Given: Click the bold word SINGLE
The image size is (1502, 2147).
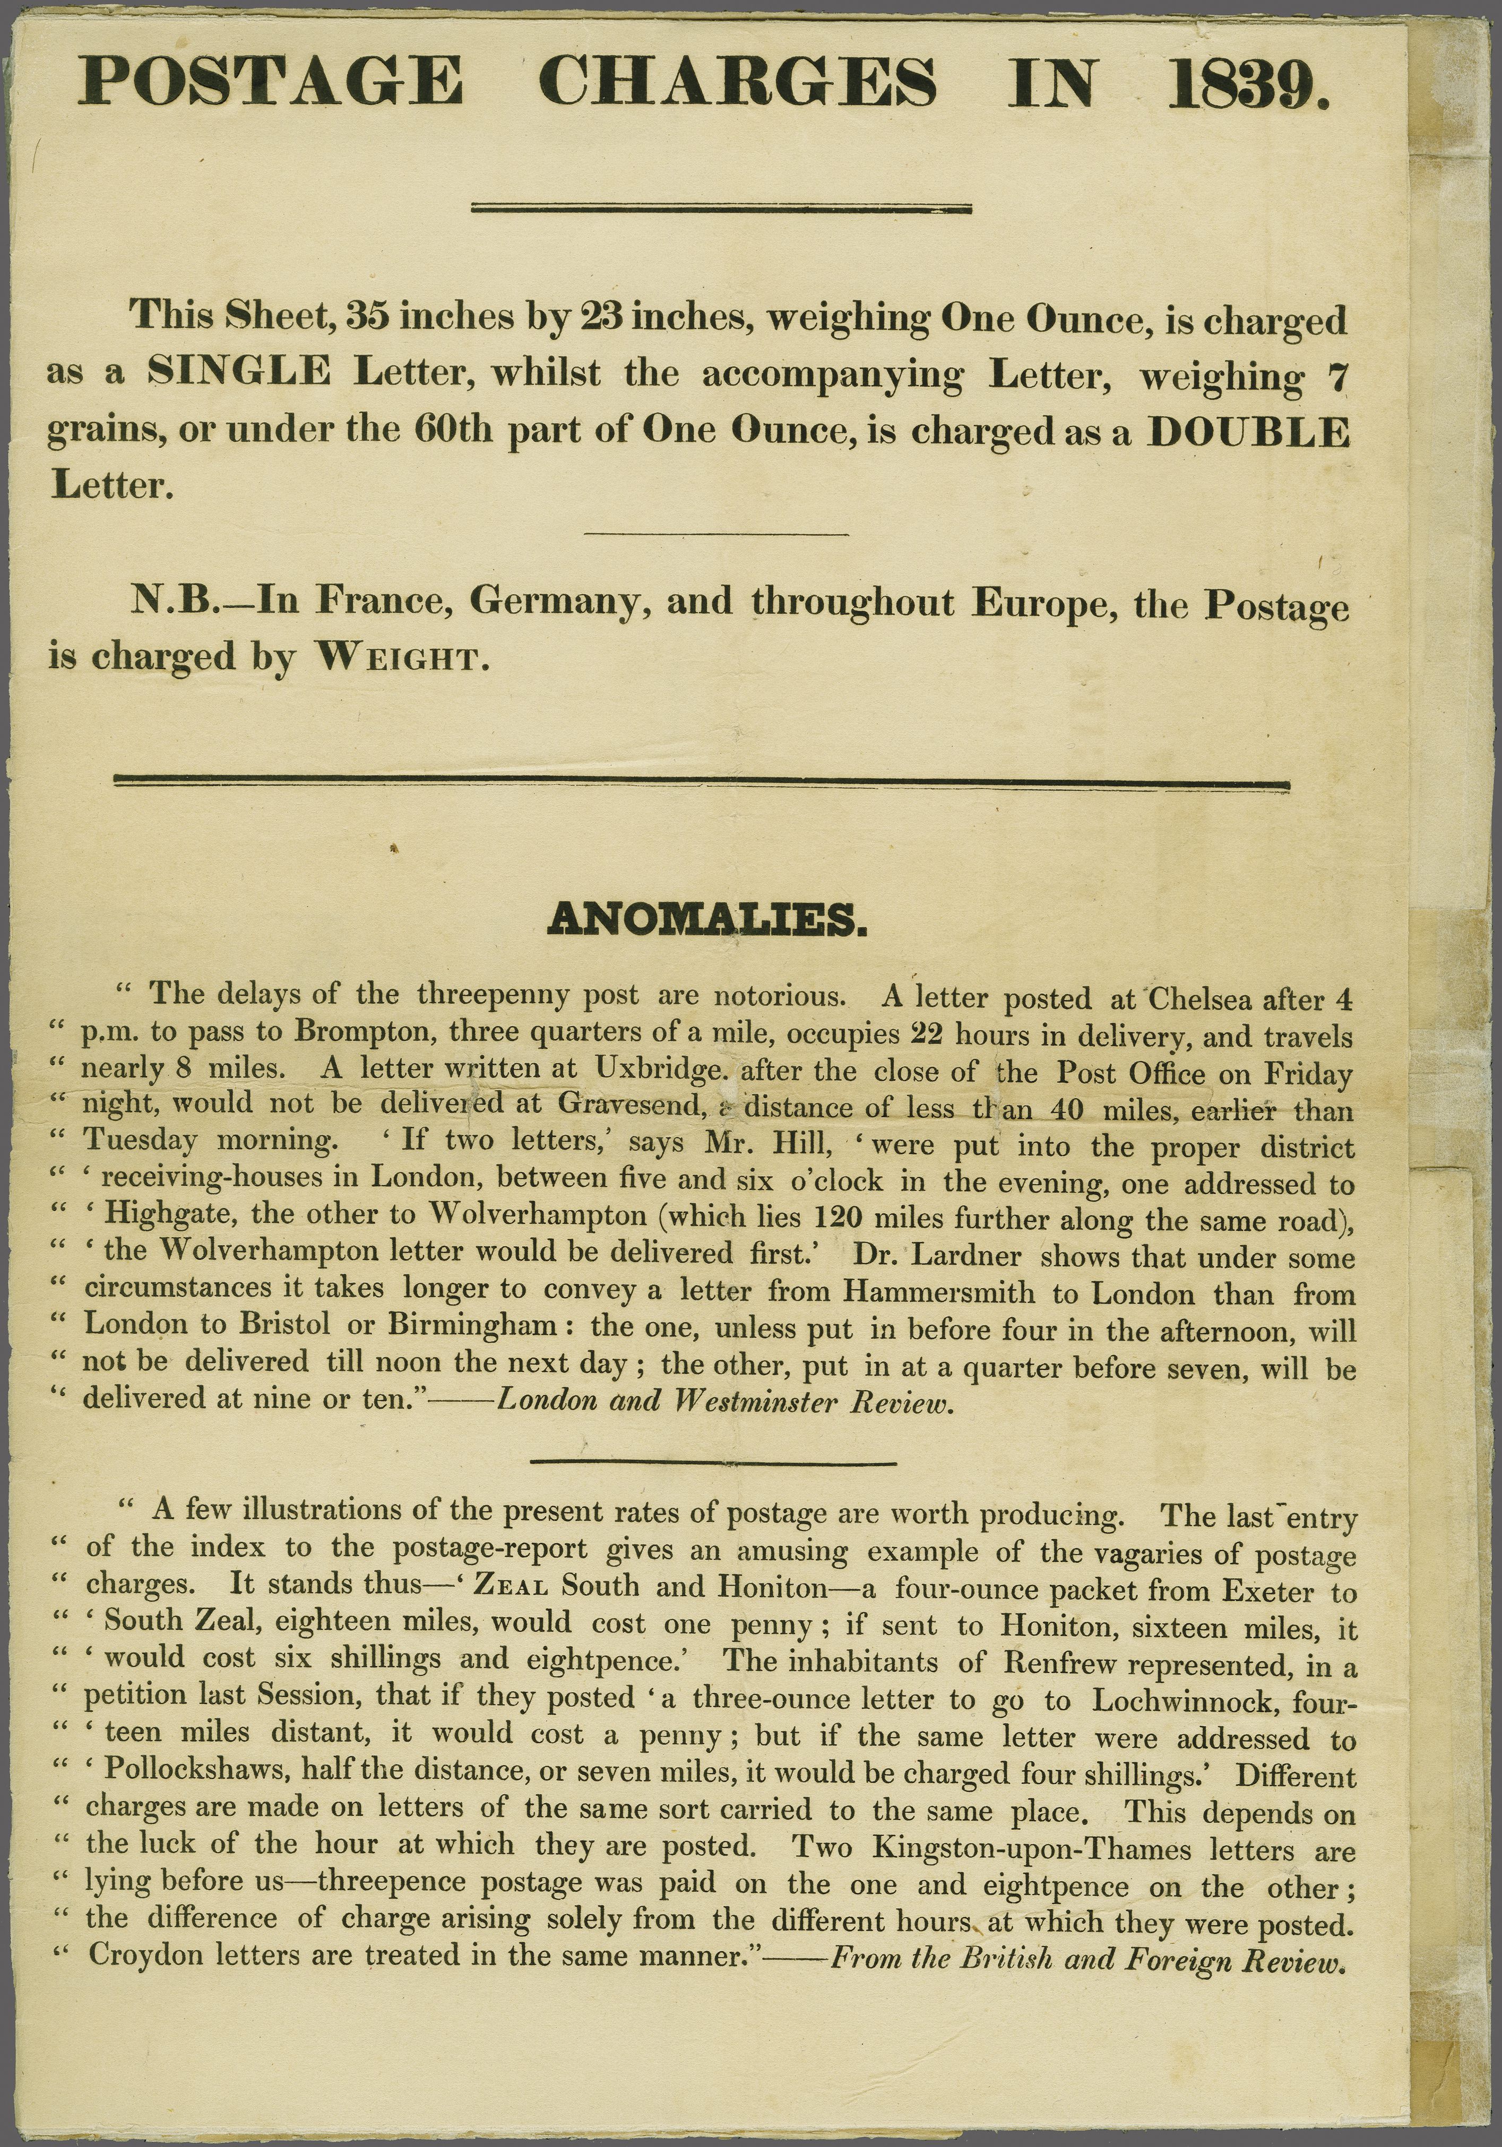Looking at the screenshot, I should [x=239, y=372].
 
